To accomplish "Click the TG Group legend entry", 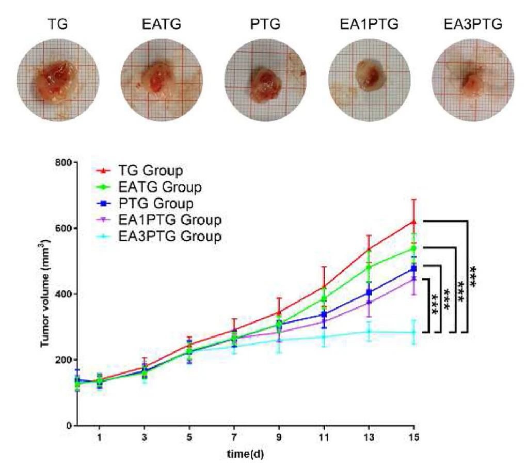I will point(149,170).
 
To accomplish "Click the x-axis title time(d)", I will point(246,454).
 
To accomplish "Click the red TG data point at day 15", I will point(413,222).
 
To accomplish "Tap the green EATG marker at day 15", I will point(413,248).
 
